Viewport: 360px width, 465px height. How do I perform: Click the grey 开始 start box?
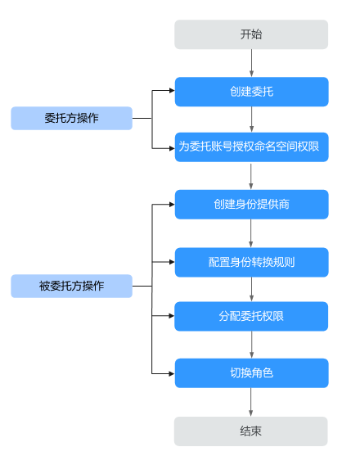click(x=251, y=34)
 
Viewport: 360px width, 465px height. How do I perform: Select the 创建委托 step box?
click(x=251, y=92)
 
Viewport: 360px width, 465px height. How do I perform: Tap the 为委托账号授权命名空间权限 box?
click(x=251, y=147)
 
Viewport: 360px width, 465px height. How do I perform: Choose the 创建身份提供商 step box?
click(x=251, y=205)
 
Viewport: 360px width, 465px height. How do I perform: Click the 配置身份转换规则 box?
click(x=251, y=262)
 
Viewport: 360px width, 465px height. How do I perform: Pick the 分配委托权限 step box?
click(x=251, y=316)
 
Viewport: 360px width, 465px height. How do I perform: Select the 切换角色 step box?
click(x=251, y=373)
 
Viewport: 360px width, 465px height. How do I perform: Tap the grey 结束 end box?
click(x=251, y=431)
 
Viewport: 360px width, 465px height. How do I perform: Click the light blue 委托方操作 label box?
click(x=72, y=119)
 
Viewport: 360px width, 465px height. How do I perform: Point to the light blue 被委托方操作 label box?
click(x=72, y=287)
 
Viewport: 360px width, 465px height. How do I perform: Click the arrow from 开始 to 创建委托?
click(x=251, y=63)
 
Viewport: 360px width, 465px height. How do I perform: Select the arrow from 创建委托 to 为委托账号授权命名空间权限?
click(x=251, y=120)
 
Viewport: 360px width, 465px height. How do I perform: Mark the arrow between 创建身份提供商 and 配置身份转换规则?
click(x=251, y=233)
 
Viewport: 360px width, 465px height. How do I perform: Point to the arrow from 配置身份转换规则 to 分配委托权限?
click(x=251, y=289)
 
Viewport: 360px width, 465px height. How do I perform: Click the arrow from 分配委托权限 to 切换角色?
click(x=251, y=345)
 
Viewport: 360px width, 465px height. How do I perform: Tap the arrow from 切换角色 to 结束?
click(x=250, y=402)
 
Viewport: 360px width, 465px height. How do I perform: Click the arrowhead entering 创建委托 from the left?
click(x=172, y=90)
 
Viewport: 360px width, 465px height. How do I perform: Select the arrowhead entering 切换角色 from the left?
click(x=172, y=373)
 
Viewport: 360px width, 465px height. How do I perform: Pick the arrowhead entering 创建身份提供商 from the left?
click(x=172, y=205)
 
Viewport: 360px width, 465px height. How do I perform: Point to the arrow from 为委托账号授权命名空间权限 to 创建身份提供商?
click(x=251, y=176)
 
